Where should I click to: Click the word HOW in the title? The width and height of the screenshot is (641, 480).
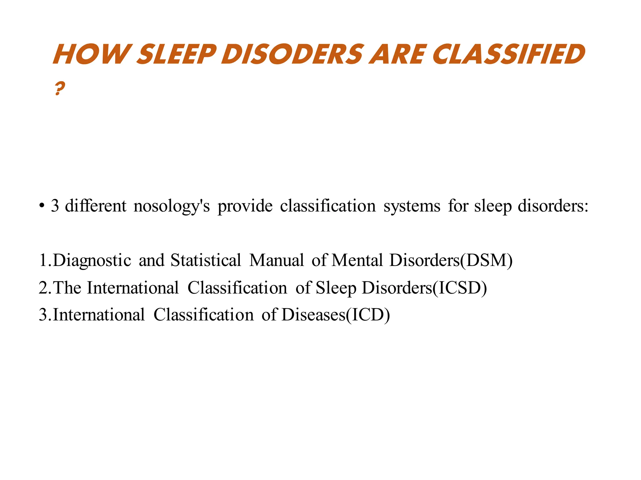pyautogui.click(x=91, y=54)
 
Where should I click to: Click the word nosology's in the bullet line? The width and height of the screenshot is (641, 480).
pyautogui.click(x=172, y=206)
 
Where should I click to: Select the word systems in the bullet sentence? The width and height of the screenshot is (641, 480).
pyautogui.click(x=412, y=206)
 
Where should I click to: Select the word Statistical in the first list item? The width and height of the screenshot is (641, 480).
pyautogui.click(x=206, y=260)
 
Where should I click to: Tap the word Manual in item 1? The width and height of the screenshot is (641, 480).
pyautogui.click(x=276, y=260)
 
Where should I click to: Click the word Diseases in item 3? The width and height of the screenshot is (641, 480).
pyautogui.click(x=313, y=315)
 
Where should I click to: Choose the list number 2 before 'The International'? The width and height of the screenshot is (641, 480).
pyautogui.click(x=43, y=287)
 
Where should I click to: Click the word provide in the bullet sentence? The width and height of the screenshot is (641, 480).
pyautogui.click(x=245, y=206)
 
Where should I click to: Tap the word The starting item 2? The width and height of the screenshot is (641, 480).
pyautogui.click(x=67, y=287)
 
